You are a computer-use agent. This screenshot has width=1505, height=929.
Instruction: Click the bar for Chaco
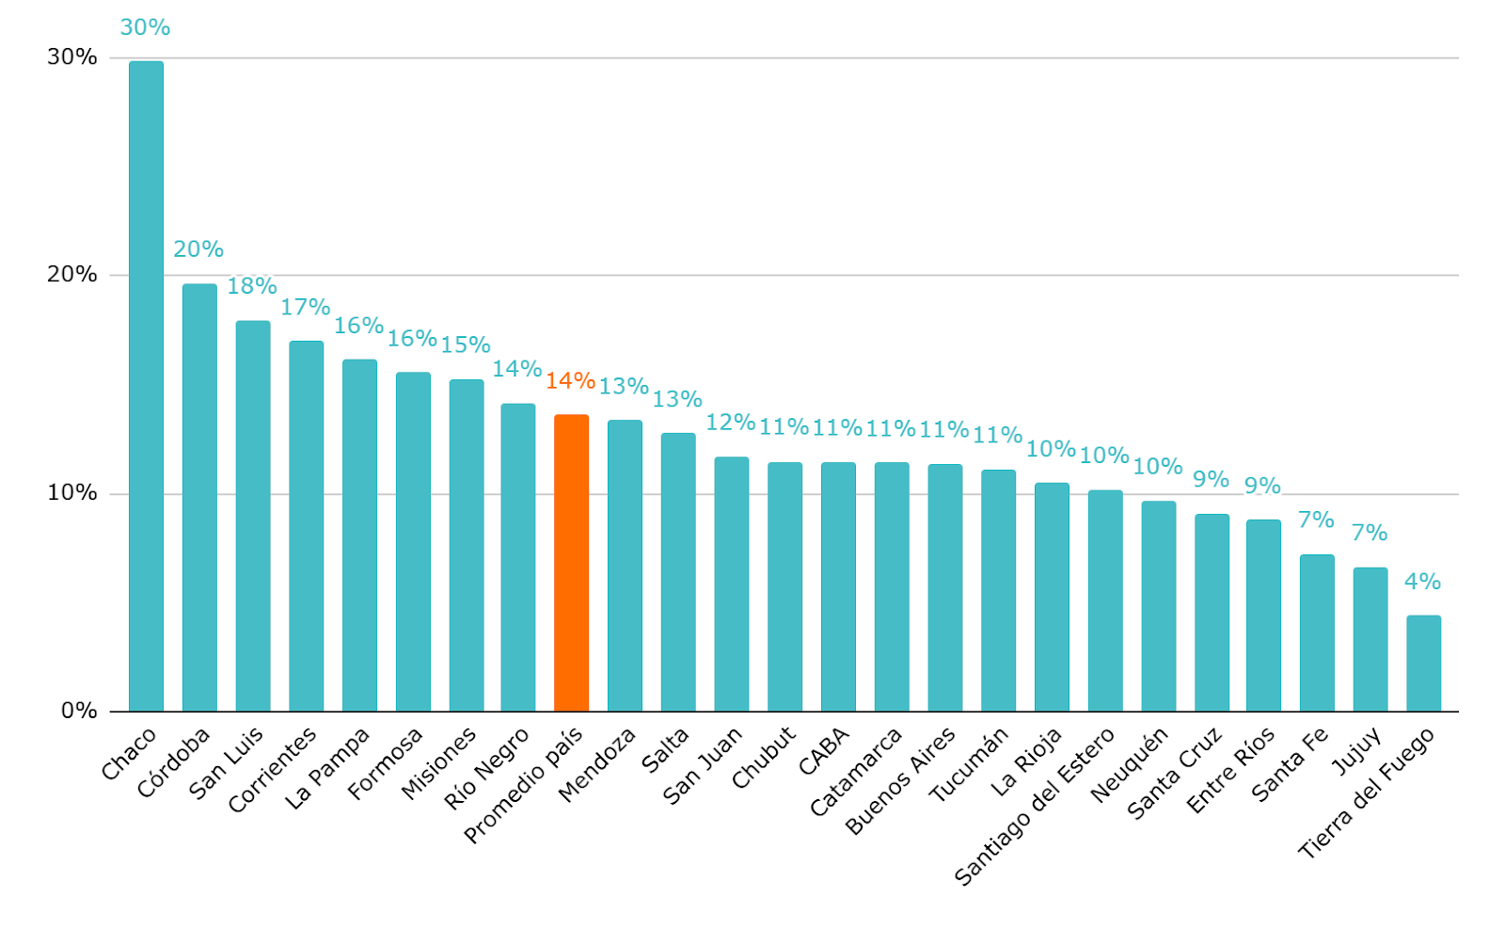[x=146, y=386]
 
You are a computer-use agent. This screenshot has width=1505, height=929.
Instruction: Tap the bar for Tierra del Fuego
[x=1423, y=664]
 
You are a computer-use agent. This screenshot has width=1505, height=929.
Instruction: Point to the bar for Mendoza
[x=625, y=566]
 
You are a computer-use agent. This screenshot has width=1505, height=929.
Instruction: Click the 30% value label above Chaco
[x=145, y=27]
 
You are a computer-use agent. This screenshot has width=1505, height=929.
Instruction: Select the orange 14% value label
[x=570, y=380]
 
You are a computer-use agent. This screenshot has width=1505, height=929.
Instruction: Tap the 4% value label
[x=1422, y=582]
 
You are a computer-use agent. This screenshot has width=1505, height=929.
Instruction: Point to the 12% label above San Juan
[x=731, y=422]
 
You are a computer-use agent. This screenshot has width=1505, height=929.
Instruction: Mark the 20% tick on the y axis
[x=72, y=275]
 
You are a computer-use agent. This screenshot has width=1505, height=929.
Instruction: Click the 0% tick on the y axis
[x=79, y=711]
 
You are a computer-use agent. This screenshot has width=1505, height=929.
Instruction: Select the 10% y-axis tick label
[x=72, y=493]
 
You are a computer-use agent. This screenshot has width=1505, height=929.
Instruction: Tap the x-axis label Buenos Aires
[x=900, y=780]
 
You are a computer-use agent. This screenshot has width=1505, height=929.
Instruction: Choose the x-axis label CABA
[x=824, y=751]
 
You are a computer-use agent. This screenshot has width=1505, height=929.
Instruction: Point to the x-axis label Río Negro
[x=486, y=770]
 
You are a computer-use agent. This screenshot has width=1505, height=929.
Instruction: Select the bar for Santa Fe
[x=1317, y=633]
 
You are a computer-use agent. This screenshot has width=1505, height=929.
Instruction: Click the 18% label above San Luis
[x=252, y=285]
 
